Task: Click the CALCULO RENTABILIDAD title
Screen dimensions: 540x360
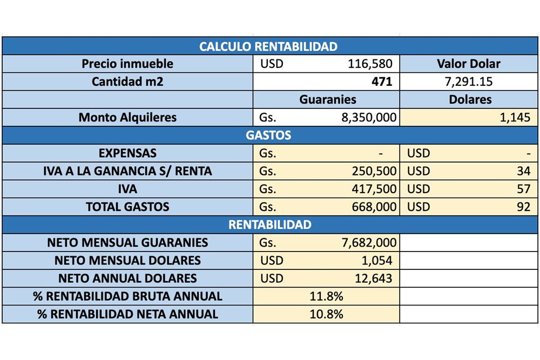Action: [x=268, y=46]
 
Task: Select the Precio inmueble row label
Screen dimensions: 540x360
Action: [x=127, y=64]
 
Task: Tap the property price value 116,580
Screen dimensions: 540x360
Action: [x=370, y=64]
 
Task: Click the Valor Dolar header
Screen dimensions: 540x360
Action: [x=468, y=64]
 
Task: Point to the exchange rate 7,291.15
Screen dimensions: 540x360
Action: [x=468, y=82]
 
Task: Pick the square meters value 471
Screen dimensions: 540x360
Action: [x=382, y=81]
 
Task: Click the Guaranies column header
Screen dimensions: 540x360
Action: [x=328, y=99]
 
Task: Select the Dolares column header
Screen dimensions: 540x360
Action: [x=470, y=99]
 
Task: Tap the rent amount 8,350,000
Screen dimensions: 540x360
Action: [x=369, y=118]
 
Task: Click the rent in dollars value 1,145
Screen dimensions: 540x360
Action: [x=515, y=118]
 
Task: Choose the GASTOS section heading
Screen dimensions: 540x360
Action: [x=268, y=135]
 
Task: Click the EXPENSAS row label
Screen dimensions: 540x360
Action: [x=127, y=153]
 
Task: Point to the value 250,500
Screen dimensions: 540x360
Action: [x=374, y=172]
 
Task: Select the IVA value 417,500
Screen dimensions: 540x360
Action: [x=374, y=189]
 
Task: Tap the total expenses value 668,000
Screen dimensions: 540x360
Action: [x=374, y=207]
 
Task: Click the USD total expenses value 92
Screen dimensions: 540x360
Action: [x=523, y=207]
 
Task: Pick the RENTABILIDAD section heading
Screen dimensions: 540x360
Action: [x=270, y=225]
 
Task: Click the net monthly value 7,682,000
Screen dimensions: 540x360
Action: [x=369, y=243]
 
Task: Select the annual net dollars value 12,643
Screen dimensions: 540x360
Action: [x=373, y=279]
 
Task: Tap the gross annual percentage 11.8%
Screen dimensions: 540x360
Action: [x=326, y=296]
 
